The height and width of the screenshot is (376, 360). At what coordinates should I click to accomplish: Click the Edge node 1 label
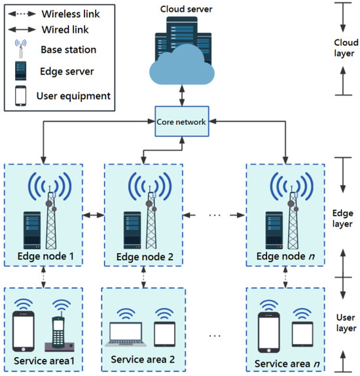coord(44,256)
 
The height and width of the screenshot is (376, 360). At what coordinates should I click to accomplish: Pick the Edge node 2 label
coord(145,256)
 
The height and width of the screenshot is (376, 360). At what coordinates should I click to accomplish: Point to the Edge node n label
coord(285,256)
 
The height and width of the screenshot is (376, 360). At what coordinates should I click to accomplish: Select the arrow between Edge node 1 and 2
coord(94,214)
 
